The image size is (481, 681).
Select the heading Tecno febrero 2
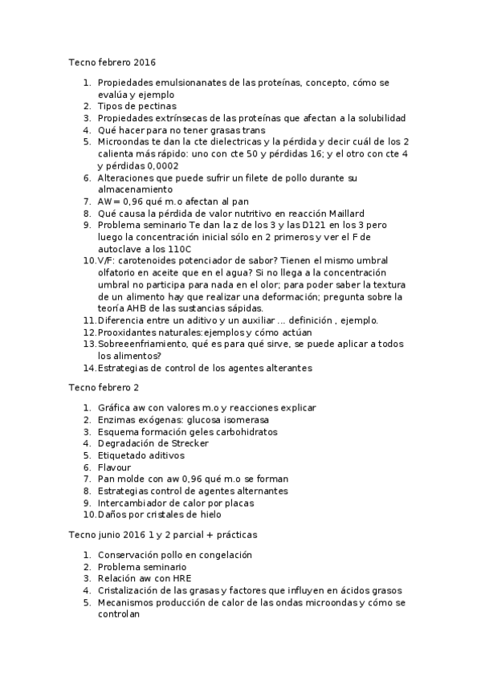102,388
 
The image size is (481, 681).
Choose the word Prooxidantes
133,332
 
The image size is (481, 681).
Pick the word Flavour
114,467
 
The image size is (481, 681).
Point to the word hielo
205,514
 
